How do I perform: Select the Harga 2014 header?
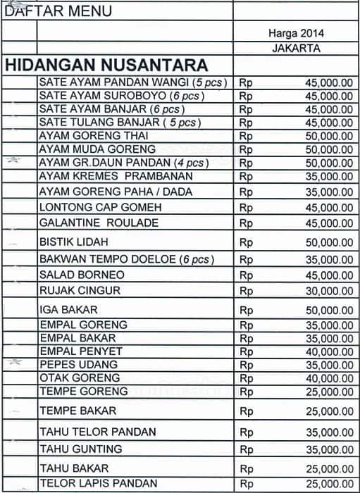tap(296, 33)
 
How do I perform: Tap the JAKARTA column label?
tap(296, 49)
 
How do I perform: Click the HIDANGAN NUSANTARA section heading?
tap(106, 65)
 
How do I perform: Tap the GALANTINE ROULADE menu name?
tap(99, 223)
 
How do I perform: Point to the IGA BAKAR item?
tap(68, 310)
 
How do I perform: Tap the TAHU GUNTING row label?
tap(81, 449)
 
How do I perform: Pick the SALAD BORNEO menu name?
tap(82, 275)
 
